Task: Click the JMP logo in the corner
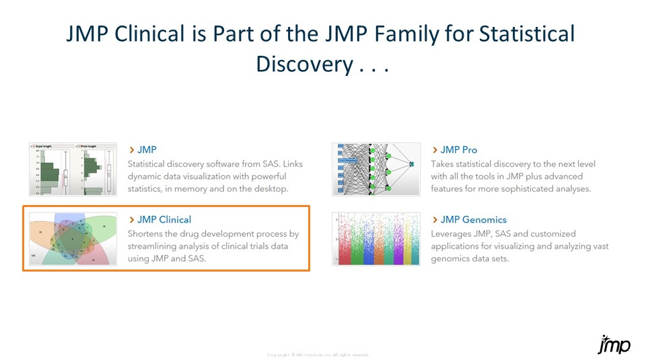coord(614,344)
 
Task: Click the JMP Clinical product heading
coord(164,220)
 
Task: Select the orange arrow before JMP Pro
coord(435,150)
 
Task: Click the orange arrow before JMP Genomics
coord(435,220)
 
